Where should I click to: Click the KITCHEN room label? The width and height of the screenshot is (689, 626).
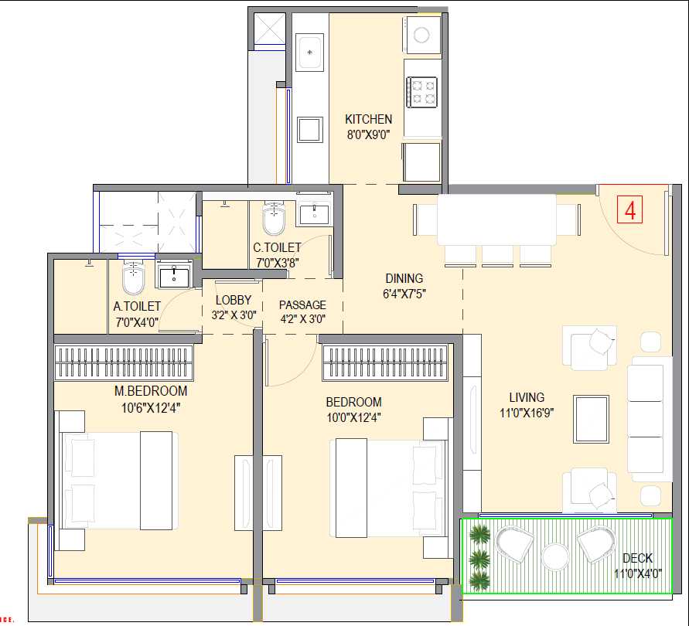tap(368, 120)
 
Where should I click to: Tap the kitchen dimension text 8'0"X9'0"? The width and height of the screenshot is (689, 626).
tap(368, 134)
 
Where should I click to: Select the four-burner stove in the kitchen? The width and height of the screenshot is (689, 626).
tap(422, 91)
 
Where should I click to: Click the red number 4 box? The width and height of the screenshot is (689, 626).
tap(631, 209)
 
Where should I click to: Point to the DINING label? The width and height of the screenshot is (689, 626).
tap(404, 279)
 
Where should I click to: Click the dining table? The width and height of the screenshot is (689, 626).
tap(496, 219)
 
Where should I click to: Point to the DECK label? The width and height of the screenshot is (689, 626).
tap(636, 558)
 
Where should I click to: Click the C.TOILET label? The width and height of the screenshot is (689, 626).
tap(277, 248)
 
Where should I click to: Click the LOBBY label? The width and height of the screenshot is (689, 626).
tap(234, 301)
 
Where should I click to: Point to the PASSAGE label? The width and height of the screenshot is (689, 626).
tap(302, 304)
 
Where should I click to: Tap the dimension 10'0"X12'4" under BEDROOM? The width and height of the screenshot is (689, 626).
tap(353, 417)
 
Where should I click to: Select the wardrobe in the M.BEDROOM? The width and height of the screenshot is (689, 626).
tap(123, 362)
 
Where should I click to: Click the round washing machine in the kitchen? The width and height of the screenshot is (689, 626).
tap(422, 35)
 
